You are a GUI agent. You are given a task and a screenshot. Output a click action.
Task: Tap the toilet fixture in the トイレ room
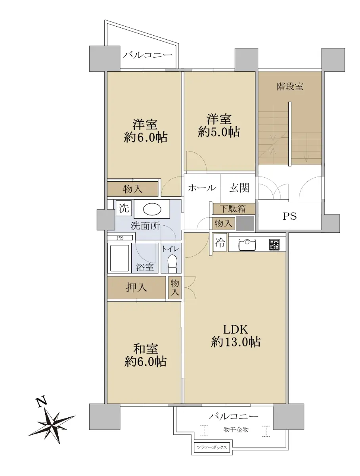click(172, 263)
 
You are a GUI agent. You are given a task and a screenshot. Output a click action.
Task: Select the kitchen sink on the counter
click(247, 245)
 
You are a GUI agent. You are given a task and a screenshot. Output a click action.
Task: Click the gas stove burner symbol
click(274, 245)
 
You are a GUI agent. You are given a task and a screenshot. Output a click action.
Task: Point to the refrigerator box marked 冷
click(220, 242)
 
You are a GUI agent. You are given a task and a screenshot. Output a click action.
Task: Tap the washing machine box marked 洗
click(124, 208)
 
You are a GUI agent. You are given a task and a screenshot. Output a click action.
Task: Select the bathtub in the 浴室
click(120, 258)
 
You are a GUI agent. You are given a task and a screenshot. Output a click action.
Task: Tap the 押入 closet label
click(136, 288)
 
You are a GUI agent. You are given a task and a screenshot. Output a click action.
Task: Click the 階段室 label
click(290, 86)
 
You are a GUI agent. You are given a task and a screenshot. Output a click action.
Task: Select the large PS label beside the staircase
click(289, 216)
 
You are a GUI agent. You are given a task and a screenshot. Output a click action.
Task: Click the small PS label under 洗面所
click(120, 238)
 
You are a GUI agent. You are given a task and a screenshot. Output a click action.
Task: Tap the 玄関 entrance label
click(239, 188)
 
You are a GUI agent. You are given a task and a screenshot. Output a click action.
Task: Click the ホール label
click(202, 188)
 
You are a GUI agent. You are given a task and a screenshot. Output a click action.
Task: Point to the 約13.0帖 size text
click(236, 342)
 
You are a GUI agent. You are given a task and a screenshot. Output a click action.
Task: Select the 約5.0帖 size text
click(219, 132)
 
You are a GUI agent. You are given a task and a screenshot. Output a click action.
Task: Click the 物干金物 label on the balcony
click(236, 430)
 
